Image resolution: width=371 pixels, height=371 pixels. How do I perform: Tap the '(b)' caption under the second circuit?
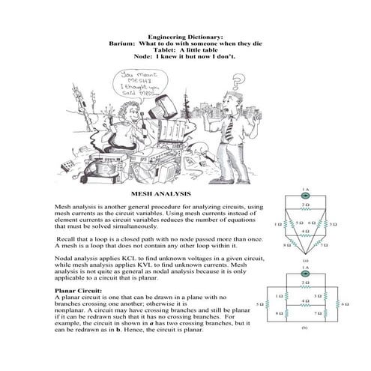[305, 328]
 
